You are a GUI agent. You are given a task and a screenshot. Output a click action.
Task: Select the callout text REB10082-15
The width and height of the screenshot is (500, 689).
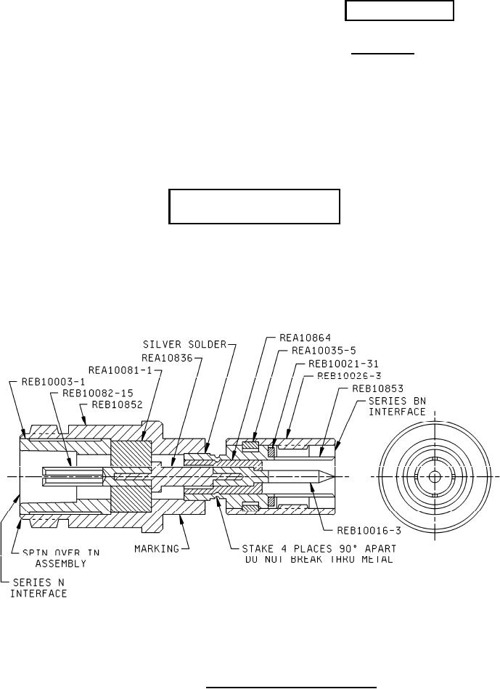click(94, 394)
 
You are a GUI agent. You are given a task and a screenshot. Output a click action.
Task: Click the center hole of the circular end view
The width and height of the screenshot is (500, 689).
click(434, 477)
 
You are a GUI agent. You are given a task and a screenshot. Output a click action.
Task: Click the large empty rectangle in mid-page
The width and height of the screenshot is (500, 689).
click(255, 207)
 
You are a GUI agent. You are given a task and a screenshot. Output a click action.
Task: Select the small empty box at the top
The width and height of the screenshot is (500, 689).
click(400, 11)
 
